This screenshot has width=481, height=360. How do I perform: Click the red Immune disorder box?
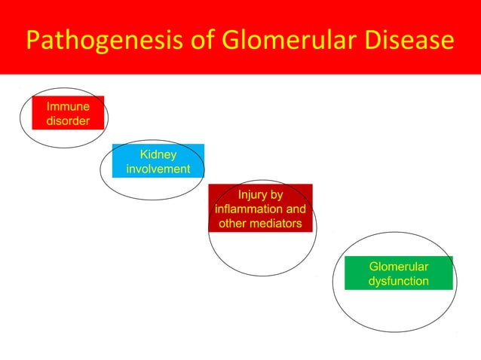click(x=68, y=113)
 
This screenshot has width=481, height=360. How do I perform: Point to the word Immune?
click(x=68, y=106)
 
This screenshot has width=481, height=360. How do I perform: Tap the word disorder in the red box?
click(x=68, y=121)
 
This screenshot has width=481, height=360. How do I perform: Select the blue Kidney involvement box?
click(x=158, y=161)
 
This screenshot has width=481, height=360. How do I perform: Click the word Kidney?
click(x=158, y=154)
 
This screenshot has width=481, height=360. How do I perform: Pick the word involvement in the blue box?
click(x=158, y=169)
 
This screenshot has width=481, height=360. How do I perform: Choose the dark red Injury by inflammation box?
click(x=260, y=209)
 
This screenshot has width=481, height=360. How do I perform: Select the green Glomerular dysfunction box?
click(x=399, y=273)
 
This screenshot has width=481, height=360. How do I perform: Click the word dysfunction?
click(x=399, y=281)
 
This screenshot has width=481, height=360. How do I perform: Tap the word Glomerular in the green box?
click(x=399, y=267)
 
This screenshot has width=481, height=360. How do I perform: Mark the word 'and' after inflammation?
click(x=295, y=209)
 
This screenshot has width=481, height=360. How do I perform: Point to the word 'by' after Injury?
click(x=275, y=194)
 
